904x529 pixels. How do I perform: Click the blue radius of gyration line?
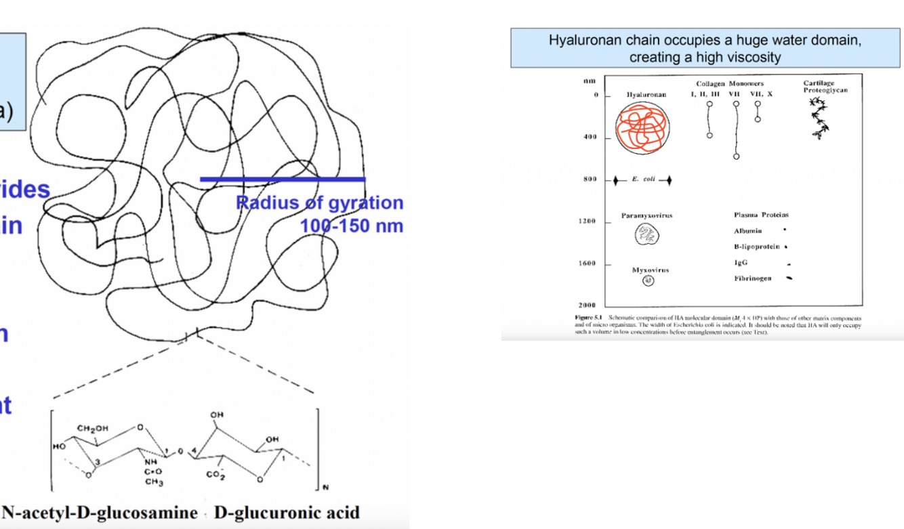coord(282,179)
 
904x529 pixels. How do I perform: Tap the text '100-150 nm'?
coord(352,226)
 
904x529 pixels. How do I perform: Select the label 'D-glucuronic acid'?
coord(286,512)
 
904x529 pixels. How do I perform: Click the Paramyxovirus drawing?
coord(646,235)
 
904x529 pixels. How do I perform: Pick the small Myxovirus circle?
coord(648,280)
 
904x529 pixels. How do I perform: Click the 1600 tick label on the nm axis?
coord(587,263)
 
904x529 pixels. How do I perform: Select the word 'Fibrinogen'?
coord(752,278)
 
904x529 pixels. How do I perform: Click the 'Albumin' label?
coord(747,232)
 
